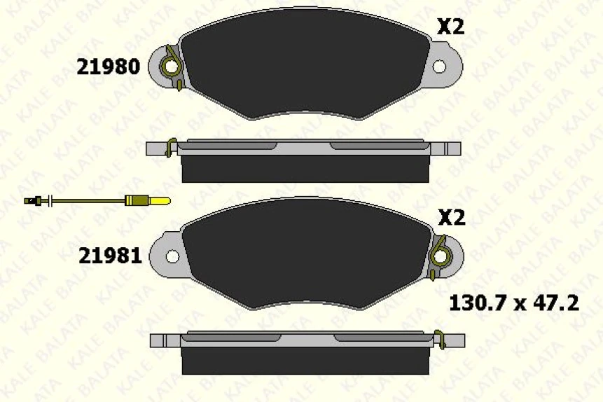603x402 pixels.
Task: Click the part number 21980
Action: [108, 67]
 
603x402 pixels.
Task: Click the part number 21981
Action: [110, 256]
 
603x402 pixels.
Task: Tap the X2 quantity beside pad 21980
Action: [450, 27]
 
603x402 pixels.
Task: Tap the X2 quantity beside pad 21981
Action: [451, 218]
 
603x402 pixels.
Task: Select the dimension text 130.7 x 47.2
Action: [513, 303]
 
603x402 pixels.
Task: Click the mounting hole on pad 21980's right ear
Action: [439, 67]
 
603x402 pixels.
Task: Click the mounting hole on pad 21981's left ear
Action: [172, 256]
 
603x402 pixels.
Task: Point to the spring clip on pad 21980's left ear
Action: [171, 67]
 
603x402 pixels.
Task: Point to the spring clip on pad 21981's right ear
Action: [441, 256]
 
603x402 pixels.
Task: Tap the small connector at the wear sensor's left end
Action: [32, 202]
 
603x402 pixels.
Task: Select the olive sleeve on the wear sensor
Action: [137, 202]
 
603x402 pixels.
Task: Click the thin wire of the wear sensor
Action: [84, 202]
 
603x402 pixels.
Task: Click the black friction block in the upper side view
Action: [305, 169]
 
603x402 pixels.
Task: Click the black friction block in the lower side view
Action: [305, 361]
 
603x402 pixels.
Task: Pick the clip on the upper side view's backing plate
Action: [169, 148]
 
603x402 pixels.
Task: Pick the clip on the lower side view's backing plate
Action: [440, 339]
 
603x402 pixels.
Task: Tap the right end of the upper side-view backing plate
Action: [453, 148]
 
